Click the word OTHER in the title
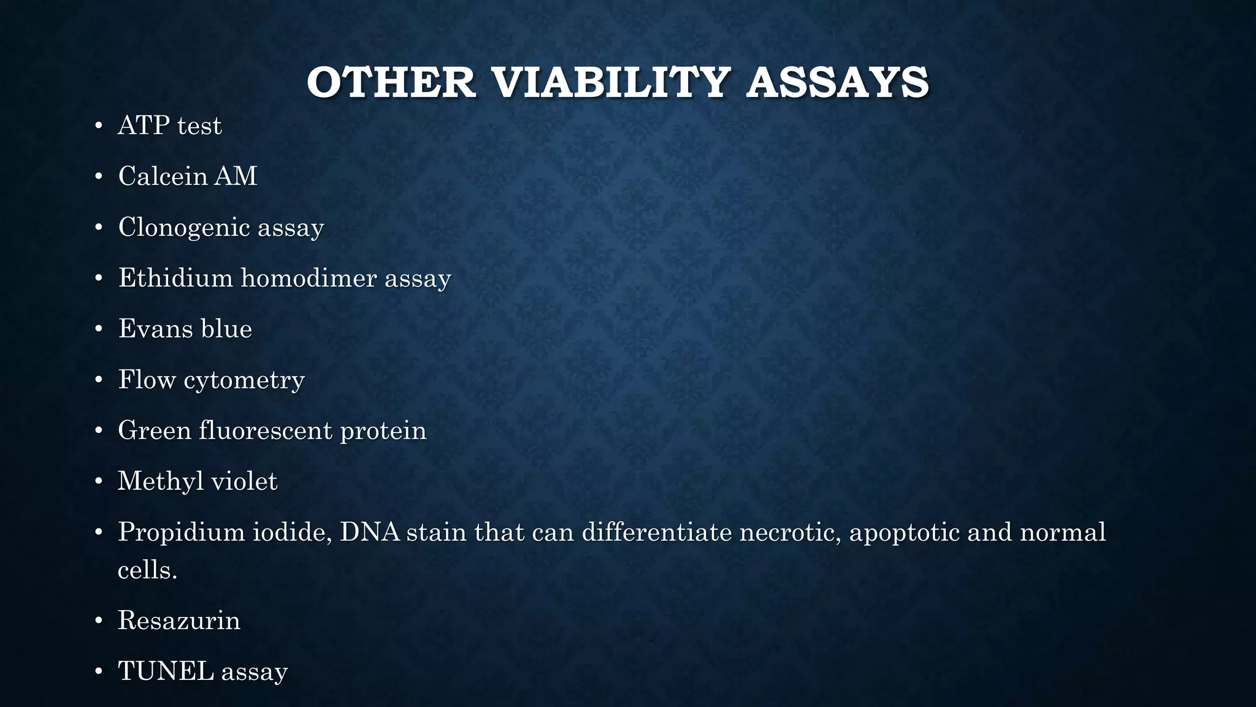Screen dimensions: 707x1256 [391, 83]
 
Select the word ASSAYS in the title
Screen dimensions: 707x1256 [838, 83]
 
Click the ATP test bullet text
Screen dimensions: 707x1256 [169, 126]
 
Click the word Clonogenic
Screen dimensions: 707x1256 [184, 228]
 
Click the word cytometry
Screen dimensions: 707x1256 [244, 381]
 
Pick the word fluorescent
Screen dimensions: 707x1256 [266, 430]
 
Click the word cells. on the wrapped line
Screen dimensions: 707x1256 [147, 570]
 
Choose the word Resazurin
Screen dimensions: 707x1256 [178, 620]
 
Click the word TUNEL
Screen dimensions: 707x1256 [166, 671]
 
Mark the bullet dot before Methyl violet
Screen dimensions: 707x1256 [99, 482]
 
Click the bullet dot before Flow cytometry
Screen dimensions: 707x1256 [99, 381]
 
